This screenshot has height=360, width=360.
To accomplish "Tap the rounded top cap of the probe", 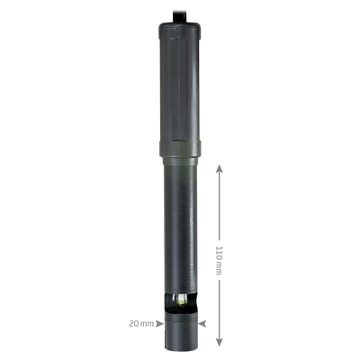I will pos(181,30).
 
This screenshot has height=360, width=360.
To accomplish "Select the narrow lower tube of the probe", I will pos(181,225).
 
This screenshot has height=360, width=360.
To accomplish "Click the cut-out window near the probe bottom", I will pos(181,303).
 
